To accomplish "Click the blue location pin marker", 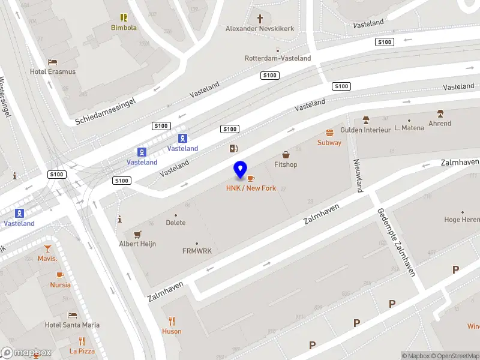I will coord(241,170).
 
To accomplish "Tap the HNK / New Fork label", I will coord(251,188).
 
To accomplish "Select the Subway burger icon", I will coord(329,133).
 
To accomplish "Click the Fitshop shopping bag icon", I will coord(286,155).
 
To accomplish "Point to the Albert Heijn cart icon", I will coord(138,234).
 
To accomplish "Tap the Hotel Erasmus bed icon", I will coord(53,62).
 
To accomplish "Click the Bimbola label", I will coord(124,28).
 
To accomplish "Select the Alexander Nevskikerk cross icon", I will coord(260,19).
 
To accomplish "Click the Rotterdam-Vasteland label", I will coord(278,58).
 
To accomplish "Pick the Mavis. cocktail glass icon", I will coord(47,248).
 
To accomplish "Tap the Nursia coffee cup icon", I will coord(60,275).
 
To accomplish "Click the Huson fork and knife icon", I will coord(172,320).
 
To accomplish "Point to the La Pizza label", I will coord(82,351).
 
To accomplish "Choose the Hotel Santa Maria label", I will coord(72,325).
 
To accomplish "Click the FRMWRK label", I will coord(197,251).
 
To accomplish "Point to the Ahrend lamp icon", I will coord(440,113).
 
